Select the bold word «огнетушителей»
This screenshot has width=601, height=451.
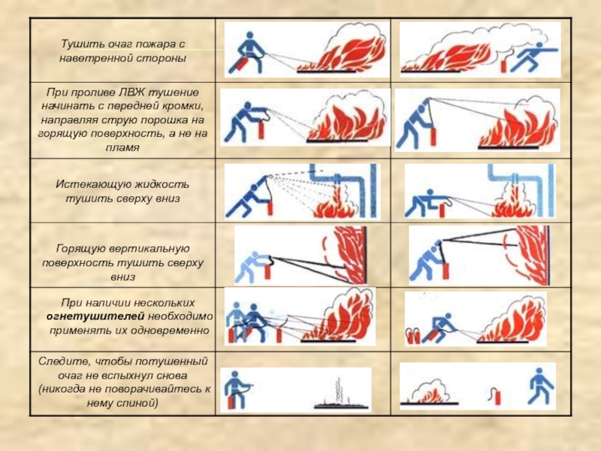coord(95,316)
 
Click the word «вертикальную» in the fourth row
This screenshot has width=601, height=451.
coord(149,249)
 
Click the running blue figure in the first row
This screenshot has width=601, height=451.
coord(534,57)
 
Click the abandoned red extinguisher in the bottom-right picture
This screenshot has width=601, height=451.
coord(496,396)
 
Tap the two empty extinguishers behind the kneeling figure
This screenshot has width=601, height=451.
coord(412,335)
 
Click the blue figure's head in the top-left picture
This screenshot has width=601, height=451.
coord(249,36)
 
